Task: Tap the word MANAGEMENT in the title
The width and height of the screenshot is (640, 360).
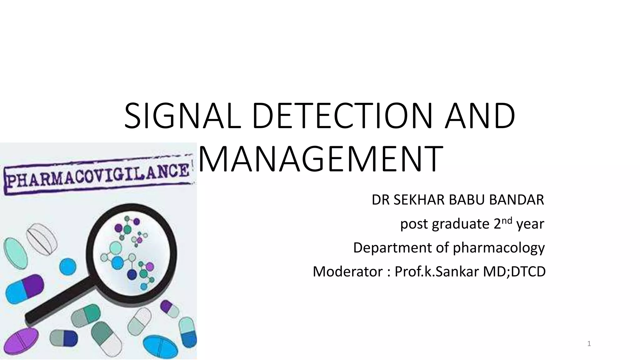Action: click(x=320, y=159)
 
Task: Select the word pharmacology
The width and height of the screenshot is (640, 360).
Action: click(x=499, y=248)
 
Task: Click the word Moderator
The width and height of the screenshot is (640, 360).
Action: click(x=347, y=272)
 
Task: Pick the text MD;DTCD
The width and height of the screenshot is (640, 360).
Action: click(x=514, y=272)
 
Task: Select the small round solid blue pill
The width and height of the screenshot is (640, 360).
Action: click(x=67, y=267)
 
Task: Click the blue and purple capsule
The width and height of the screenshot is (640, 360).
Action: click(x=24, y=289)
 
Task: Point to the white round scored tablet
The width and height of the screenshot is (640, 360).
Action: click(x=42, y=238)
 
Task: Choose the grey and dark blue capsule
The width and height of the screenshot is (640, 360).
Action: click(x=63, y=338)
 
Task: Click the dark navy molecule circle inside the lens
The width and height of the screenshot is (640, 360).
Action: click(x=132, y=275)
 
